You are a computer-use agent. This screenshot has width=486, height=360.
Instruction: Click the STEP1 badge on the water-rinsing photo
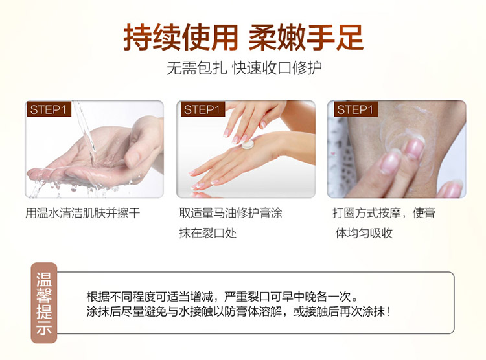[49, 109]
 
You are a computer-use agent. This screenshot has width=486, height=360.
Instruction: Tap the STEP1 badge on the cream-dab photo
[203, 109]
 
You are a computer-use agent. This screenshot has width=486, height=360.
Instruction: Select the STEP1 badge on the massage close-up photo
[356, 109]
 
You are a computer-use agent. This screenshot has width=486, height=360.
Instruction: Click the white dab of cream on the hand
[248, 144]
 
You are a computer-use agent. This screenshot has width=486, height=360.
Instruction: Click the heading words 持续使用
[181, 38]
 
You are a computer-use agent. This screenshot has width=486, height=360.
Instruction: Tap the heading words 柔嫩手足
[306, 38]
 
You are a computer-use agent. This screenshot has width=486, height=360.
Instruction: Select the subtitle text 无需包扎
[197, 68]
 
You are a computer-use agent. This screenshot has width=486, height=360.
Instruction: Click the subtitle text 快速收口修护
[277, 68]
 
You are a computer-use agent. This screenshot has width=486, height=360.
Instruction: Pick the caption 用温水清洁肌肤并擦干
[83, 213]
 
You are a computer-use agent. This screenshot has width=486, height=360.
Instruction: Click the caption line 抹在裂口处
[207, 233]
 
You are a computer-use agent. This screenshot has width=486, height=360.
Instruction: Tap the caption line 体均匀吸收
[364, 233]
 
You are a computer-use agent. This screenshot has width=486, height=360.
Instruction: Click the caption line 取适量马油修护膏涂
[231, 213]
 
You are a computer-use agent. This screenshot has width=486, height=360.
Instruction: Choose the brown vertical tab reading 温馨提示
[44, 302]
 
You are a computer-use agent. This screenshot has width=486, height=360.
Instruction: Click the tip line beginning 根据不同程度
[222, 297]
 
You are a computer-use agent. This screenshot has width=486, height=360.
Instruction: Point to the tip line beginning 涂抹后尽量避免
[238, 311]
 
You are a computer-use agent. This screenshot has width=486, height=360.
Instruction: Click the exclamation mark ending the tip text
[387, 311]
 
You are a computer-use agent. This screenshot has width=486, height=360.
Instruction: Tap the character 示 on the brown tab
[44, 328]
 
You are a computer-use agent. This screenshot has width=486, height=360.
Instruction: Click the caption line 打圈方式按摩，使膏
[384, 213]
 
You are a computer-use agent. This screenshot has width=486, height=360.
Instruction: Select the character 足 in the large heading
[349, 38]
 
